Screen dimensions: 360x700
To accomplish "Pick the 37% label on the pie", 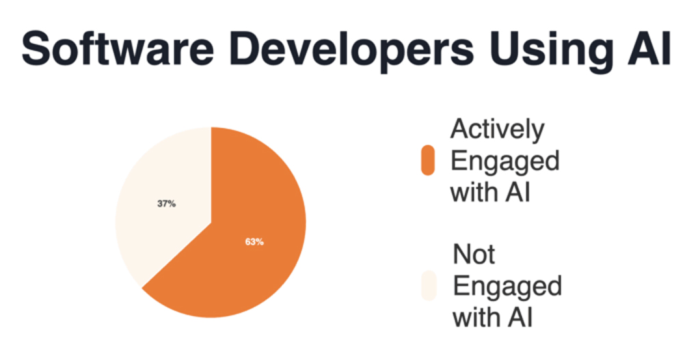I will click(x=166, y=203).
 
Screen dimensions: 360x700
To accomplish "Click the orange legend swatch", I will click(x=428, y=161).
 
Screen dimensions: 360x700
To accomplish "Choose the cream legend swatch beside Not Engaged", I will click(x=428, y=286).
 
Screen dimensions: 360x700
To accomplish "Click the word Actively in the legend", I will click(x=497, y=130).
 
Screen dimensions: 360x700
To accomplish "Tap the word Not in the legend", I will click(x=474, y=255).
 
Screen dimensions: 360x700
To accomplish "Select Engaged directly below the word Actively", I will click(x=504, y=161).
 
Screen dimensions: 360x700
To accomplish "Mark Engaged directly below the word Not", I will click(x=507, y=286).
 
